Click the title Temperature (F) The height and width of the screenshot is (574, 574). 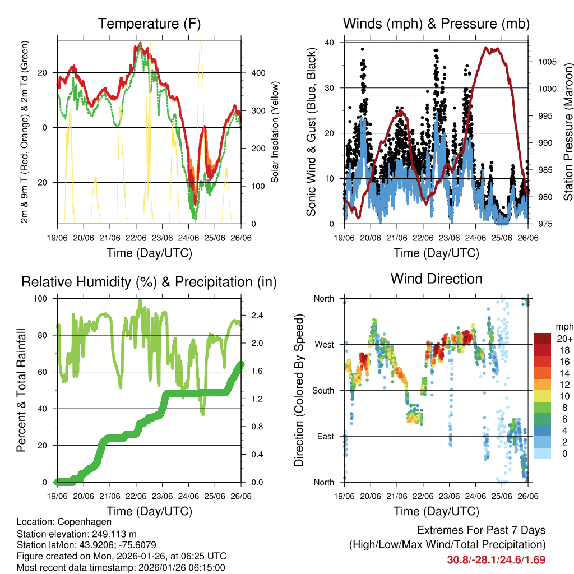pos(149,24)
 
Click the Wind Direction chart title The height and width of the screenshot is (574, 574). pos(436,279)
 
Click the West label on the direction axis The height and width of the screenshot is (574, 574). pos(323,344)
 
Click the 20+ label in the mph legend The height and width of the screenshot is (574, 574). pos(564,339)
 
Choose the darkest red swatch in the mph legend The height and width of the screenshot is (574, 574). pos(543,339)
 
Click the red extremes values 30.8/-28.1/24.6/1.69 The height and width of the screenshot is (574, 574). pos(496,559)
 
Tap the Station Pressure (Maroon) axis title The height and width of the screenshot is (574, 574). pos(567,133)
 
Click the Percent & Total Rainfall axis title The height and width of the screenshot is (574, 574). pos(21,390)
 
